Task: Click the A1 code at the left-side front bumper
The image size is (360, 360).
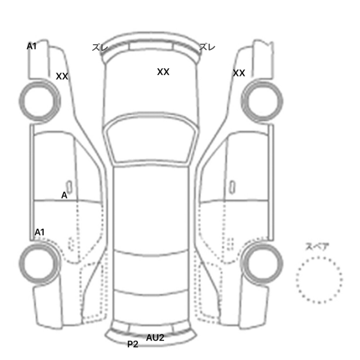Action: (32, 46)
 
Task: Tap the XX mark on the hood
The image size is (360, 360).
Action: (163, 72)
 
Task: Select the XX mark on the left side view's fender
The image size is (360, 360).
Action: (62, 76)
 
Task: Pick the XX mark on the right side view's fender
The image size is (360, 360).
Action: (239, 73)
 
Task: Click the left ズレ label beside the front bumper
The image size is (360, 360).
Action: (100, 47)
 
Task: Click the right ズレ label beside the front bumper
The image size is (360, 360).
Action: (207, 47)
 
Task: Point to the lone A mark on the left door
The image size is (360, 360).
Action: (64, 195)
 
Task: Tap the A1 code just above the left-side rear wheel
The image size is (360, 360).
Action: (40, 232)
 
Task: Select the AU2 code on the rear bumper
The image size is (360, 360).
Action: (155, 338)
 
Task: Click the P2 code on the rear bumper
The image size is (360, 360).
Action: (133, 344)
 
